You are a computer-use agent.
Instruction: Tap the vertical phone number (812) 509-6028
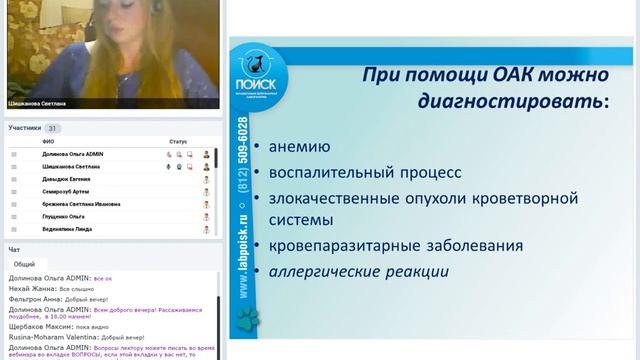(x=245, y=149)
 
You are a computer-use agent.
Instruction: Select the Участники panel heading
(x=25, y=128)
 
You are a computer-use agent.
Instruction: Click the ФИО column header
(x=48, y=141)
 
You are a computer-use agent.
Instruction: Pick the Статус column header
(x=178, y=141)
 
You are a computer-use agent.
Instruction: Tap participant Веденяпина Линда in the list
(x=66, y=229)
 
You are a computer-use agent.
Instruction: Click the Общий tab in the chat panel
(x=24, y=264)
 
